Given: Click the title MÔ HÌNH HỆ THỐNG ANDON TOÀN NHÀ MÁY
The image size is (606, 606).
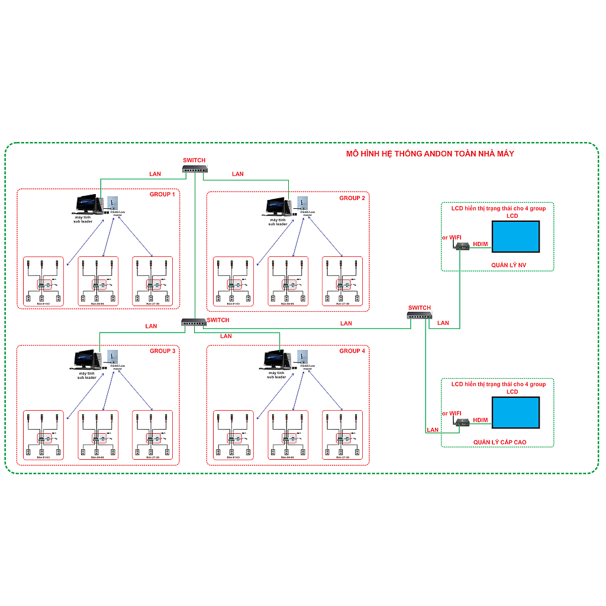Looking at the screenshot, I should pyautogui.click(x=430, y=154).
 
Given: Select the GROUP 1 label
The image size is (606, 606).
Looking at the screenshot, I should pyautogui.click(x=162, y=194).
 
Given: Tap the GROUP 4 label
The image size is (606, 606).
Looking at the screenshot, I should pyautogui.click(x=352, y=351).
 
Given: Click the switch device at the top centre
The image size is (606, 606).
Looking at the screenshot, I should pyautogui.click(x=195, y=169).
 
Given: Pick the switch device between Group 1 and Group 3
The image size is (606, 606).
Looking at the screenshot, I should pyautogui.click(x=194, y=322).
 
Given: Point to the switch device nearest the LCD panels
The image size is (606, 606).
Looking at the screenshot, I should pyautogui.click(x=420, y=315).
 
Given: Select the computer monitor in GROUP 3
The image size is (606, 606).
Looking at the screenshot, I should pyautogui.click(x=84, y=359).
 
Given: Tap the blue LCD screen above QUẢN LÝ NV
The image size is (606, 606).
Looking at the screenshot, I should pyautogui.click(x=516, y=237).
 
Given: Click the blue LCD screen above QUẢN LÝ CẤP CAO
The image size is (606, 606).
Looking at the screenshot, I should pyautogui.click(x=516, y=412).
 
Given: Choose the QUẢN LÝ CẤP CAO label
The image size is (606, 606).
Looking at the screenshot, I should pyautogui.click(x=499, y=442).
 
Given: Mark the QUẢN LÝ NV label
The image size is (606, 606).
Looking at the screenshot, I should pyautogui.click(x=508, y=265).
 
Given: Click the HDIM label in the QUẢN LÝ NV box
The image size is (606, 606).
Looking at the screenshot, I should pyautogui.click(x=481, y=244).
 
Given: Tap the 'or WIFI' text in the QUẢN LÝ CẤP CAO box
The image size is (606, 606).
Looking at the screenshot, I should pyautogui.click(x=452, y=413).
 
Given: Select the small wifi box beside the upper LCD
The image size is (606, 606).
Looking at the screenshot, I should pyautogui.click(x=462, y=247).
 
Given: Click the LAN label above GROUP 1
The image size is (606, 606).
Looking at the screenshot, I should pyautogui.click(x=154, y=174).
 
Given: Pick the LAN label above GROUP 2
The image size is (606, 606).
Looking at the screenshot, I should pyautogui.click(x=238, y=174).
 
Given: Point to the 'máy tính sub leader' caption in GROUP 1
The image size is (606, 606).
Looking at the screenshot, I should pyautogui.click(x=82, y=220).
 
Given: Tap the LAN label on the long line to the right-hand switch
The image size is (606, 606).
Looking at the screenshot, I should pyautogui.click(x=346, y=323).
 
